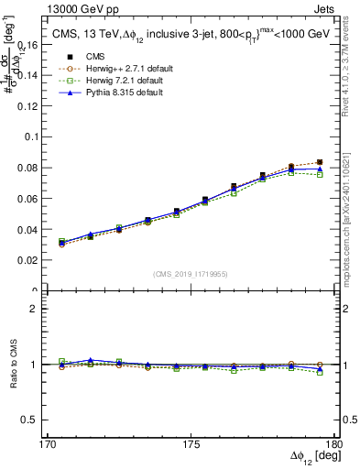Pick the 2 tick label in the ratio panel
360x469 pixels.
(42, 309)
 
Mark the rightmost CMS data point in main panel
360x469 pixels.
(320, 162)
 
